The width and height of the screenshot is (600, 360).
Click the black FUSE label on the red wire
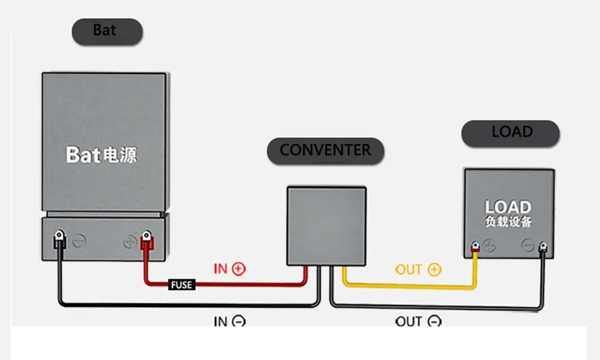click(181, 285)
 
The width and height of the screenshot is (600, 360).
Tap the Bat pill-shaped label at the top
click(107, 31)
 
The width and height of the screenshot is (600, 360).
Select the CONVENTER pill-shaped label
click(325, 150)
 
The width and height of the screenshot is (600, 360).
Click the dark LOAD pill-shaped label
click(511, 133)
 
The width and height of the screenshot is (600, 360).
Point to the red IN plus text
click(229, 269)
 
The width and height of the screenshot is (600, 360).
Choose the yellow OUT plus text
click(418, 269)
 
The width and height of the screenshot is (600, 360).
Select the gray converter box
click(326, 225)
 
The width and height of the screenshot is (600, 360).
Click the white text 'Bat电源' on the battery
click(101, 155)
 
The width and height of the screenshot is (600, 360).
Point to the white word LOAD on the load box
click(508, 207)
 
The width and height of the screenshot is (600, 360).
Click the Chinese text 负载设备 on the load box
click(508, 221)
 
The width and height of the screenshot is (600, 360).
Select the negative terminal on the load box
click(542, 246)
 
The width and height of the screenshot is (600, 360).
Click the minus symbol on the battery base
click(79, 242)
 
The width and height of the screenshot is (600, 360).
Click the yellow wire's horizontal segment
click(408, 286)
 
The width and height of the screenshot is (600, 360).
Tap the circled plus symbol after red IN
click(239, 269)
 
